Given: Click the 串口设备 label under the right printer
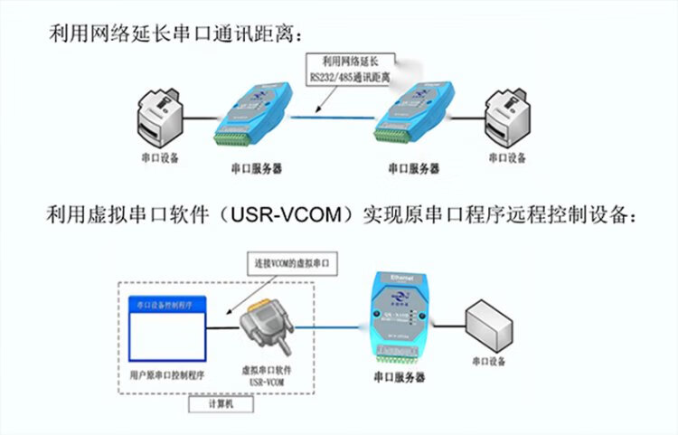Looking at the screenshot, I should [x=509, y=157].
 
